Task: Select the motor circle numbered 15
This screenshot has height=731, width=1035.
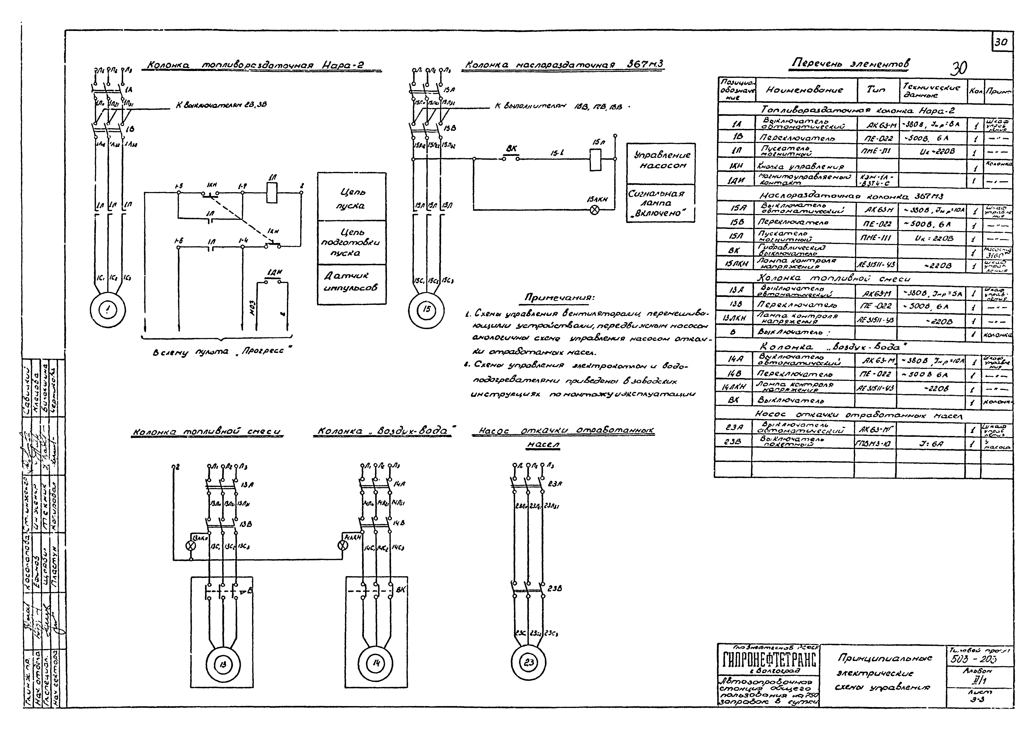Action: click(426, 309)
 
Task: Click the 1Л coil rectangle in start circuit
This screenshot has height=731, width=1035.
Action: click(272, 193)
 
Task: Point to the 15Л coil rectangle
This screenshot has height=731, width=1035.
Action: click(596, 159)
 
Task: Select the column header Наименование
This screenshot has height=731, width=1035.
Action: click(805, 90)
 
